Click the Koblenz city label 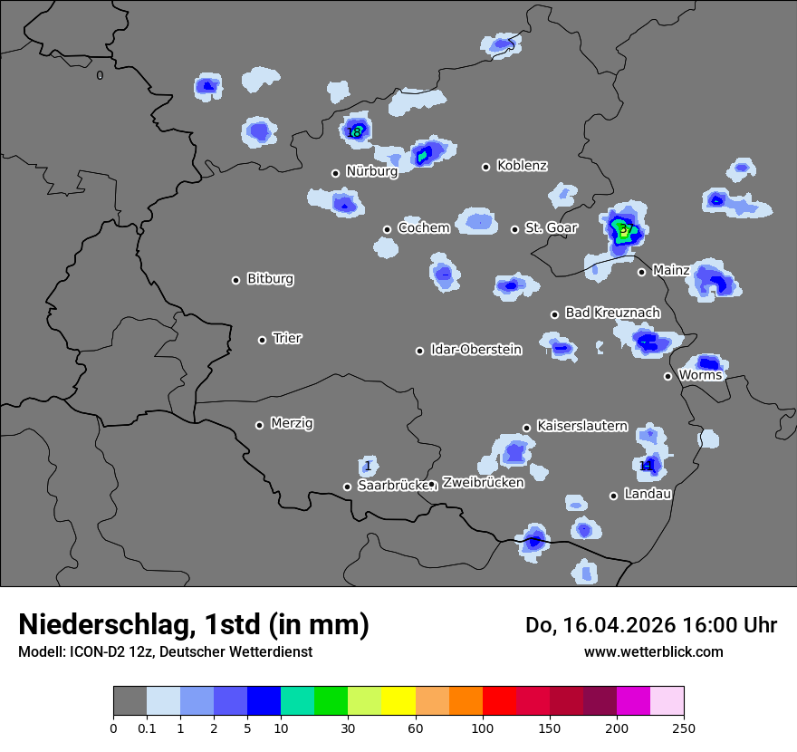coord(522,166)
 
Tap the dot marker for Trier coord(263,340)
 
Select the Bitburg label coord(270,279)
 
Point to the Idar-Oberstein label coord(475,350)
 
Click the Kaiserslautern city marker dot coord(526,428)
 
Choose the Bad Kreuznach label coord(612,313)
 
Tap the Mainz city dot coord(641,272)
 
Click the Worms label coord(700,375)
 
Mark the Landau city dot coord(613,496)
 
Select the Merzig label coord(292,423)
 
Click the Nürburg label coord(371,171)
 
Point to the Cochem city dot coord(387,229)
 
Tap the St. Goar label coord(551,228)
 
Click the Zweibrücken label coord(483,483)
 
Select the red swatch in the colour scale coord(499,701)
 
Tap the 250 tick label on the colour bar coord(683,728)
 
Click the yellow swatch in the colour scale coord(398,701)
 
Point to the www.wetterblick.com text coord(653,651)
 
